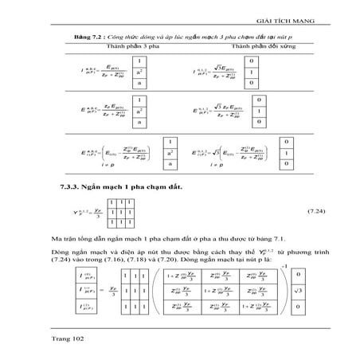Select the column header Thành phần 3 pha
[108, 48]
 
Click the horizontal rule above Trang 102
[179, 329]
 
